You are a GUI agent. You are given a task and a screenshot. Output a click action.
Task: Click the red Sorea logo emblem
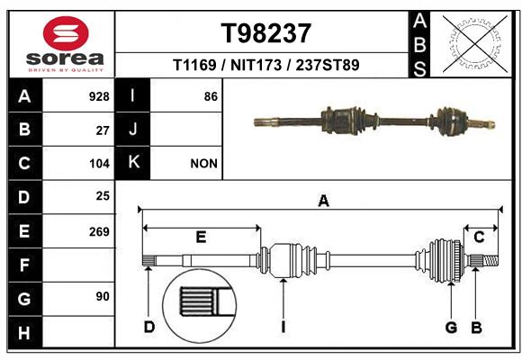66,33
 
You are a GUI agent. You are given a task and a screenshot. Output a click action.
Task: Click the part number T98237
266,33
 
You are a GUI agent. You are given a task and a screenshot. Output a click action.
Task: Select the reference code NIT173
256,65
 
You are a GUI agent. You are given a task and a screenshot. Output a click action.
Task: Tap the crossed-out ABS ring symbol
475,44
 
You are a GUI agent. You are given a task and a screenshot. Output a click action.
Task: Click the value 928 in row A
99,96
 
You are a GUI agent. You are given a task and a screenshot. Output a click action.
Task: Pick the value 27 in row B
103,130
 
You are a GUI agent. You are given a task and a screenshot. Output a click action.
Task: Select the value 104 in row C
99,164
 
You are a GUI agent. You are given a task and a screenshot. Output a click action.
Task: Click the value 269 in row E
99,231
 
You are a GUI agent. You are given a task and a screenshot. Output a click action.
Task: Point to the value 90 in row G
103,296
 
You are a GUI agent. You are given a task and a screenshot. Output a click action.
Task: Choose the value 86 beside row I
211,96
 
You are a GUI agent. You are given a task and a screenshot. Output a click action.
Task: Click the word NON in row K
203,164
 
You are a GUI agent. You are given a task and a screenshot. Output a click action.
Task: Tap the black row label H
25,332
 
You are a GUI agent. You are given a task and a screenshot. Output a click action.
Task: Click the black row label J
132,129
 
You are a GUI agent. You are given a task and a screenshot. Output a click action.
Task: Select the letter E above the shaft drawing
201,237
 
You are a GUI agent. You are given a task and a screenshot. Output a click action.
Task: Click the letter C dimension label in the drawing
479,237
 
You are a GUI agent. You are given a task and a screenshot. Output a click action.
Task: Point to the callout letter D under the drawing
149,327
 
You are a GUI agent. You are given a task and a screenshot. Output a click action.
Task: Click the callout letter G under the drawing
451,327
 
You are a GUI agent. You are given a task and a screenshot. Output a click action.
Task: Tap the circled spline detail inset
200,306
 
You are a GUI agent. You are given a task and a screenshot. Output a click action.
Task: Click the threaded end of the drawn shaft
490,260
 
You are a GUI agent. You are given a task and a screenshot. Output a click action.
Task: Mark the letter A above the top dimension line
324,201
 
